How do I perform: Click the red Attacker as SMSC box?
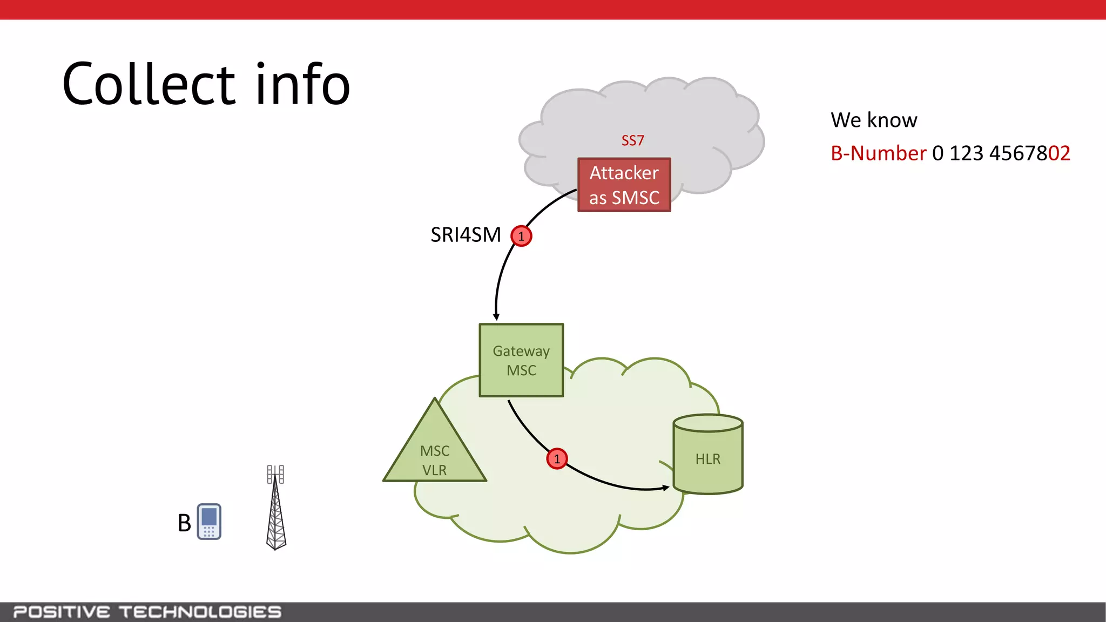point(624,185)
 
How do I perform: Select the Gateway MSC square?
point(521,360)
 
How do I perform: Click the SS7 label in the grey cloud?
point(632,141)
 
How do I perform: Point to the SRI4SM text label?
point(466,235)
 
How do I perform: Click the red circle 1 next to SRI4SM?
point(521,236)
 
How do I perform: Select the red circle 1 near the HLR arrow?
point(557,459)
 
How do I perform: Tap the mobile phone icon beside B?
point(209,522)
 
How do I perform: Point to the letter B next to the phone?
point(184,523)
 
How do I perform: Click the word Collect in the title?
point(149,85)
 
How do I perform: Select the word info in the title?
point(302,85)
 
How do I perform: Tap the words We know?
point(873,120)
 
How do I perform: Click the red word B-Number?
point(878,153)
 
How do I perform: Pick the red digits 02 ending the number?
point(1059,153)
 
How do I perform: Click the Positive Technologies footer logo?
point(147,612)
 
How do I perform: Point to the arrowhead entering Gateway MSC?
point(496,317)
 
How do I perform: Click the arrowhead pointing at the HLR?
point(666,488)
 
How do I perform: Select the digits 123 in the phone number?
point(966,153)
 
